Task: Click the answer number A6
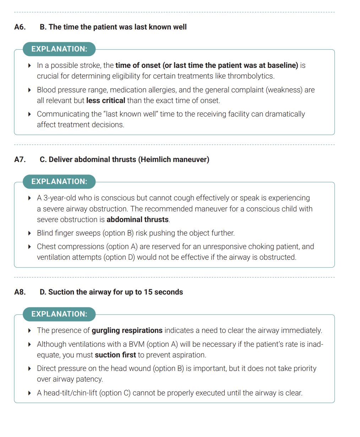20,27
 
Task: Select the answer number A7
20,160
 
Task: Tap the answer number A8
20,292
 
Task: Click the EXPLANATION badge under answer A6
59,49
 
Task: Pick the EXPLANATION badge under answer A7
59,182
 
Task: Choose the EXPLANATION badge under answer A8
59,314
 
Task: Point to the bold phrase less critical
106,101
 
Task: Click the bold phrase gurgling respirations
127,330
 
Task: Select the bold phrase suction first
115,355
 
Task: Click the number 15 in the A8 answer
148,292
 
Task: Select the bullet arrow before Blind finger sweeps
29,233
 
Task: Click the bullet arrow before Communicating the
29,114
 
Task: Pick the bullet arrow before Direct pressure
29,368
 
